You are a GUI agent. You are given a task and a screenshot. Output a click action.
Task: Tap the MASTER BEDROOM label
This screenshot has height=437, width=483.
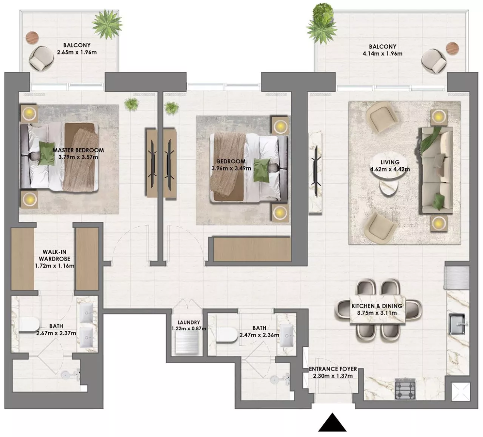point(78,150)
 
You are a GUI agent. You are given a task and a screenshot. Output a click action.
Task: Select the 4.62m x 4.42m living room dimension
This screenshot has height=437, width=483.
point(390,169)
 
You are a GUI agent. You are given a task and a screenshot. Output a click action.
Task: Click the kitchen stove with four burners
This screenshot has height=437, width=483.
point(405,389)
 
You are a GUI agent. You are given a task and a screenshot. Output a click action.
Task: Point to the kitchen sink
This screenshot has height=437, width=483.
point(457,324)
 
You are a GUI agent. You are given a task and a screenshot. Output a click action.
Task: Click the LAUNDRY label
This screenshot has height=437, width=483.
point(189,322)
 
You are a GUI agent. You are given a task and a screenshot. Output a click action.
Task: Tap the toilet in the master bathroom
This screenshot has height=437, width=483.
point(29,325)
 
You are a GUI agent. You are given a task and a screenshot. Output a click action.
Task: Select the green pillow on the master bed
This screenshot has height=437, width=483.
point(47,153)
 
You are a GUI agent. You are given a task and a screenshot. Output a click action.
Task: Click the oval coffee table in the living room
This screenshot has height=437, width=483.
point(389,170)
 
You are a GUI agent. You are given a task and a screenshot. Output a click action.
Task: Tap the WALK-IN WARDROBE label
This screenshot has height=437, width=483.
point(55,255)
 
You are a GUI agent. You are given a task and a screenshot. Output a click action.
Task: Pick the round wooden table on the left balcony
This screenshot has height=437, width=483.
point(32,38)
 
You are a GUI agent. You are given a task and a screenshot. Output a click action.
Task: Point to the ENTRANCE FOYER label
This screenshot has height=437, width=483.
point(333,369)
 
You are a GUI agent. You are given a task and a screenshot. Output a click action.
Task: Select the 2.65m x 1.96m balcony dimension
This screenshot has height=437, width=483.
point(77,52)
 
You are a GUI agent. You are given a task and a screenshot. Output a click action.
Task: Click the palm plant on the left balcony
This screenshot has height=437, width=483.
point(107,24)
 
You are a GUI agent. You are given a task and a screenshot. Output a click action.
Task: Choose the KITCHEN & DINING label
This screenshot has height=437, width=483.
point(377,306)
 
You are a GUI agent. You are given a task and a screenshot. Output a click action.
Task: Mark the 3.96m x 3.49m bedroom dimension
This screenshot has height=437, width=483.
point(231,168)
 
